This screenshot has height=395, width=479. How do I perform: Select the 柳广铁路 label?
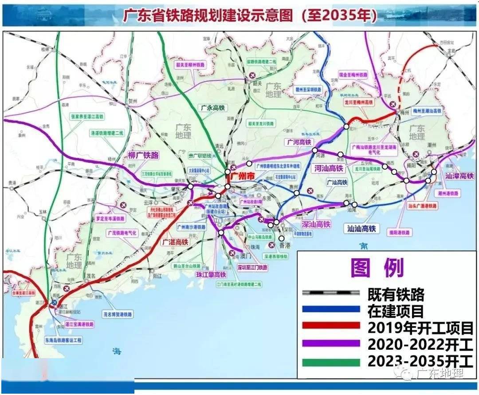143,156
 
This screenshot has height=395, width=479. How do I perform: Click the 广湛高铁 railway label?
174,242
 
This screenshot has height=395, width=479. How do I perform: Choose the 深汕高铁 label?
316,225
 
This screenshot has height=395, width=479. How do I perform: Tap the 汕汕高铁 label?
361,228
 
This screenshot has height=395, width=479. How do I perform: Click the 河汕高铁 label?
329,168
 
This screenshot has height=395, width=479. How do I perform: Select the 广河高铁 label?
298,142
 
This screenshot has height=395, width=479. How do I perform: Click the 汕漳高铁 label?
459,176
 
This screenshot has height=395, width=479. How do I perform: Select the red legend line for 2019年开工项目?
330,327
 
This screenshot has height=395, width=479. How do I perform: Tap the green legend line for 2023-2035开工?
330,362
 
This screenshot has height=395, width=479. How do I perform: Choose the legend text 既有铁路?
396,294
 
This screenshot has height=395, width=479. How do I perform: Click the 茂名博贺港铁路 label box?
118,314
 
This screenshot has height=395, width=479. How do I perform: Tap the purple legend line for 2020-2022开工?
330,344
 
